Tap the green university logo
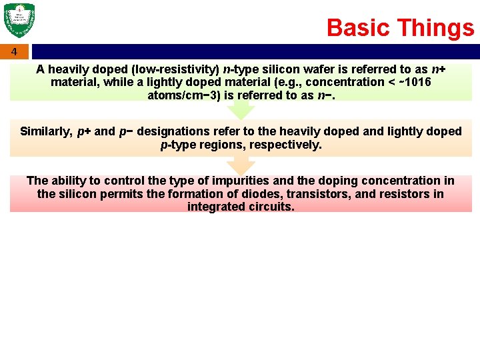19,21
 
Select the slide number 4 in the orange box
15,52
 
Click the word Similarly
46,131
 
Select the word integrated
215,207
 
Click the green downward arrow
241,109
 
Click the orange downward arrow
241,165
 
